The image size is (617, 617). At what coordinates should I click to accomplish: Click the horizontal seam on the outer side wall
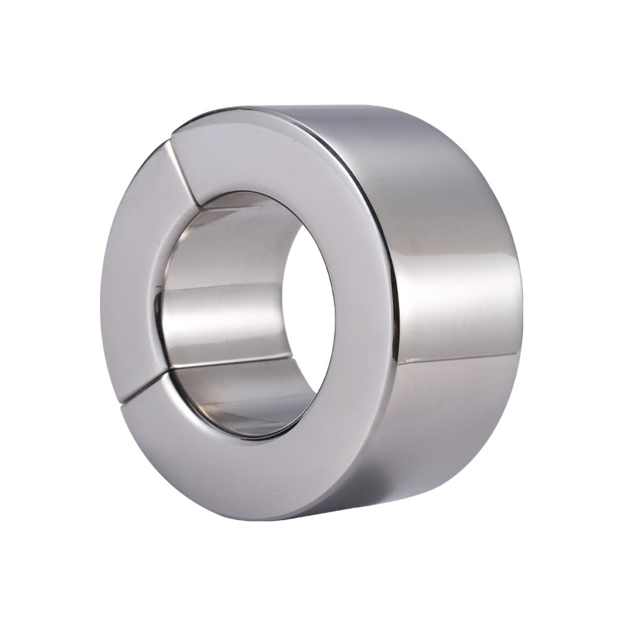[x=457, y=356]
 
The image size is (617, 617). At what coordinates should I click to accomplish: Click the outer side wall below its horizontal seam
[x=457, y=420]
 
